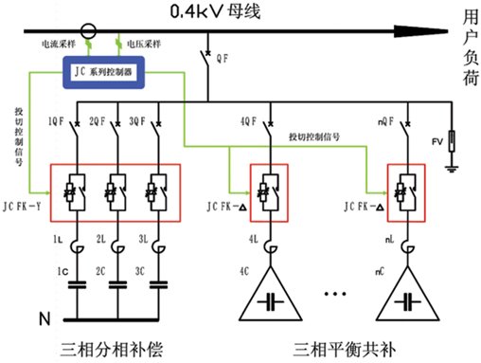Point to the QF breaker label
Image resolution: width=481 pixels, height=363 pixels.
(x=223, y=59)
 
